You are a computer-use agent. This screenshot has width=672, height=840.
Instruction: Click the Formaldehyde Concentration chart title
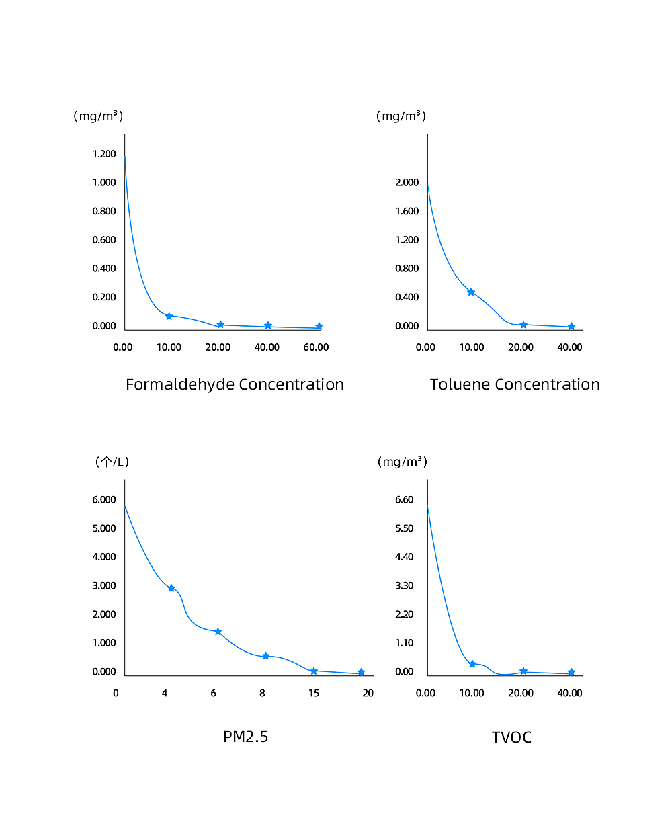[x=235, y=384]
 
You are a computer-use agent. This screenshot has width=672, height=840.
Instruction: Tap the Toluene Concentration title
[x=515, y=384]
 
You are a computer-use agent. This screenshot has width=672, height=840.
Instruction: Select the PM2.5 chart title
[x=245, y=737]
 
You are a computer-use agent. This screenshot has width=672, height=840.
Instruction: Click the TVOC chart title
[x=511, y=737]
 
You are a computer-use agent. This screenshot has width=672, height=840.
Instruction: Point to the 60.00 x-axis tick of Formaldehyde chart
[x=316, y=347]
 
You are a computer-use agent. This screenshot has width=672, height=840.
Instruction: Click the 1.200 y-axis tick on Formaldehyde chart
[x=104, y=154]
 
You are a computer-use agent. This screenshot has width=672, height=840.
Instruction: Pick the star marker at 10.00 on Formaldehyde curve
[x=169, y=316]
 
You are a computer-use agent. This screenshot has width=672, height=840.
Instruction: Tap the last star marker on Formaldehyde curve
[x=319, y=327]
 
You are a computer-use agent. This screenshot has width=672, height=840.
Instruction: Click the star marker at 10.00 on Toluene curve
[x=471, y=292]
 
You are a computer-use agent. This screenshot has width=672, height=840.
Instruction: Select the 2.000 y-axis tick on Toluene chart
[x=407, y=183]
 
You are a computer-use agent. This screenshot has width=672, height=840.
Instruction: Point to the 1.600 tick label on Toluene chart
[x=407, y=211]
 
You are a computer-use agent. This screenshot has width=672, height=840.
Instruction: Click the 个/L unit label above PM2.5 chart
[x=112, y=462]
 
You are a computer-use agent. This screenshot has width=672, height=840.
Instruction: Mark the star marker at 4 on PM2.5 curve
[x=171, y=588]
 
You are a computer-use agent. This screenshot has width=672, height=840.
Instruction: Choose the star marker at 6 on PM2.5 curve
[x=218, y=632]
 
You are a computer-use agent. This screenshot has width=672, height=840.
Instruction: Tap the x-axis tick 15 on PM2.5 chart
[x=314, y=693]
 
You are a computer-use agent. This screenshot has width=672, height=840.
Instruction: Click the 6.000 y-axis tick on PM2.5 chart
[x=104, y=499]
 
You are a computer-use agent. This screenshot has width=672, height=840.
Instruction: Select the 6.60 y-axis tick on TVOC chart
[x=404, y=499]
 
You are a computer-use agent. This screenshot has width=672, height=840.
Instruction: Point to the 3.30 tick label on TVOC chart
[x=404, y=585]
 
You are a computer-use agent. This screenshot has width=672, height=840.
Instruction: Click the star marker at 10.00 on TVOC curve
[x=472, y=664]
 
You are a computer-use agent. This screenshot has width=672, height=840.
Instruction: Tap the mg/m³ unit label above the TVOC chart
[x=403, y=462]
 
